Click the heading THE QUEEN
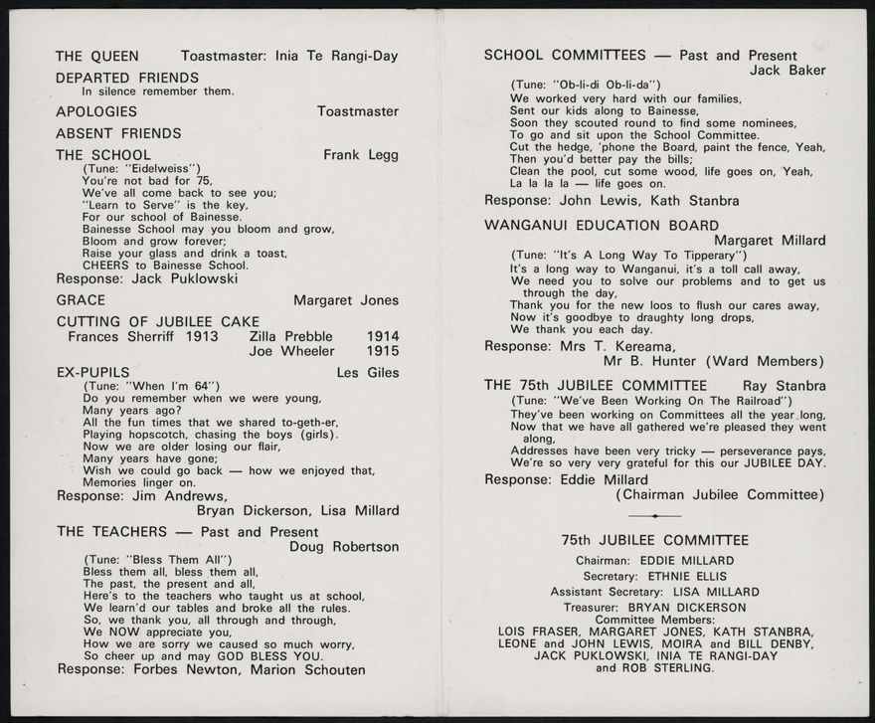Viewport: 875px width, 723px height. point(97,57)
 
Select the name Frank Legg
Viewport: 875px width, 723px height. point(361,155)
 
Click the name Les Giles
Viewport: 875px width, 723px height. point(368,373)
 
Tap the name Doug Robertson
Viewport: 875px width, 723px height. point(344,546)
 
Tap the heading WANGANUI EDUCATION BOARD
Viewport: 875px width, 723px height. point(601,225)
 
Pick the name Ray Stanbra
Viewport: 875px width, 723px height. point(784,385)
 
